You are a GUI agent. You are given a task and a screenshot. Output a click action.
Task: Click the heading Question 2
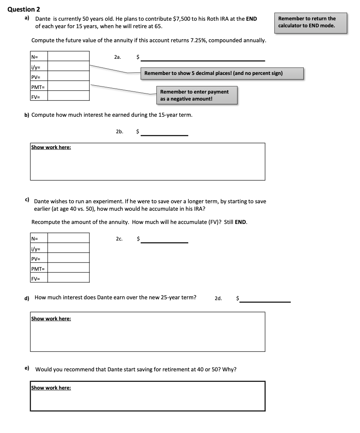24,10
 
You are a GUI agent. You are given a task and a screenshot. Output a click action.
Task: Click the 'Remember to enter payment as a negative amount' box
197,95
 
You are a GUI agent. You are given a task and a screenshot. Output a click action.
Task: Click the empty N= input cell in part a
68,56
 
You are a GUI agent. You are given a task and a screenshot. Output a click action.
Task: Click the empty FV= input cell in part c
68,278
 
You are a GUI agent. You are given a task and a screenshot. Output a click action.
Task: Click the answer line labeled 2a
203,60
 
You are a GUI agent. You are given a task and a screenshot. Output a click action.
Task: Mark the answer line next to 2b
164,135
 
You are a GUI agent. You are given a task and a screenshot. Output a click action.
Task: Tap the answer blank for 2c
164,242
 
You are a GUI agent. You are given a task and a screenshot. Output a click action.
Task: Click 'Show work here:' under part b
51,147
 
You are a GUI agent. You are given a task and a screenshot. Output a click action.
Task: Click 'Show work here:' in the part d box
51,318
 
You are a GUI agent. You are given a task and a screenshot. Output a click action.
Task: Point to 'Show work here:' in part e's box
51,388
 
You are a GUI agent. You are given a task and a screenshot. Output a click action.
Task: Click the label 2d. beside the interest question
218,298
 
